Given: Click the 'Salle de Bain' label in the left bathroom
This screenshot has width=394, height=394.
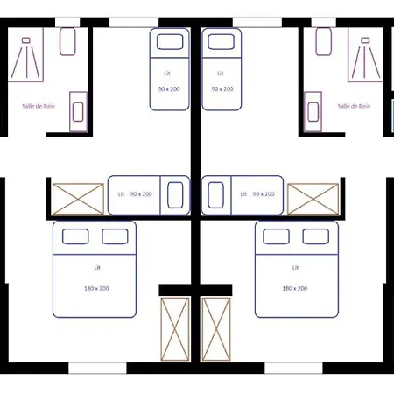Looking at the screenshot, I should click(x=40, y=106).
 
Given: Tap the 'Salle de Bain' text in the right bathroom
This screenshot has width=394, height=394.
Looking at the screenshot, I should click(x=354, y=106).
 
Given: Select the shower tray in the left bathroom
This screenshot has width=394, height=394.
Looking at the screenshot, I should click(x=32, y=54).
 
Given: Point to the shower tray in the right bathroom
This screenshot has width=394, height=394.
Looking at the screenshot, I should click(x=367, y=54).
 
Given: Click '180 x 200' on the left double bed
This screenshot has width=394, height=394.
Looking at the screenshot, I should click(x=97, y=288).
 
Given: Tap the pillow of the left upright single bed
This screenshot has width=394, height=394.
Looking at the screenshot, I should click(x=170, y=40).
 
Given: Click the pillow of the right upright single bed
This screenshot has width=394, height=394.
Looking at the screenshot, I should click(x=221, y=40).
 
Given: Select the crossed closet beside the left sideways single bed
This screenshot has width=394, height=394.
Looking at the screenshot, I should click(x=78, y=199).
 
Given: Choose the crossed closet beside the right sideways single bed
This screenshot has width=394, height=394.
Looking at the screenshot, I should click(x=313, y=199).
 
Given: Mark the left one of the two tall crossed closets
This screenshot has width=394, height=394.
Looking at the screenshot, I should click(x=175, y=328).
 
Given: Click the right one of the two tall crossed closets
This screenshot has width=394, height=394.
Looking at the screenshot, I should click(x=215, y=328).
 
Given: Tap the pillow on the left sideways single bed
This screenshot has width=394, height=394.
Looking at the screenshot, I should click(x=177, y=195).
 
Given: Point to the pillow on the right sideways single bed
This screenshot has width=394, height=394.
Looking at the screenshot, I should click(x=215, y=195).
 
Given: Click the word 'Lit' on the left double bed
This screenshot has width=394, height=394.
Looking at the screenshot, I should click(x=96, y=266).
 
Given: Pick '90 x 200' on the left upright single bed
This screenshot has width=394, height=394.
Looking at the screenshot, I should click(x=170, y=89).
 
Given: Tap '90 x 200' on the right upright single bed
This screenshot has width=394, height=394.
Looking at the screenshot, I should click(x=222, y=89).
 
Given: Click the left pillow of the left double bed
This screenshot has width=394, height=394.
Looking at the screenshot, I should click(x=75, y=236).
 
